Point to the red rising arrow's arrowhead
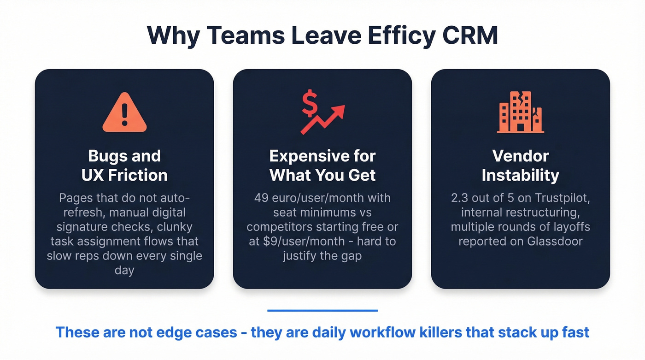click(339, 111)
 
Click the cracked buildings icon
click(520, 112)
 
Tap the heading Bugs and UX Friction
click(124, 165)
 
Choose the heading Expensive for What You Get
click(322, 165)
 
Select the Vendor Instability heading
click(520, 165)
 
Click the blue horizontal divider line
click(322, 311)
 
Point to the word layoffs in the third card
click(567, 227)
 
